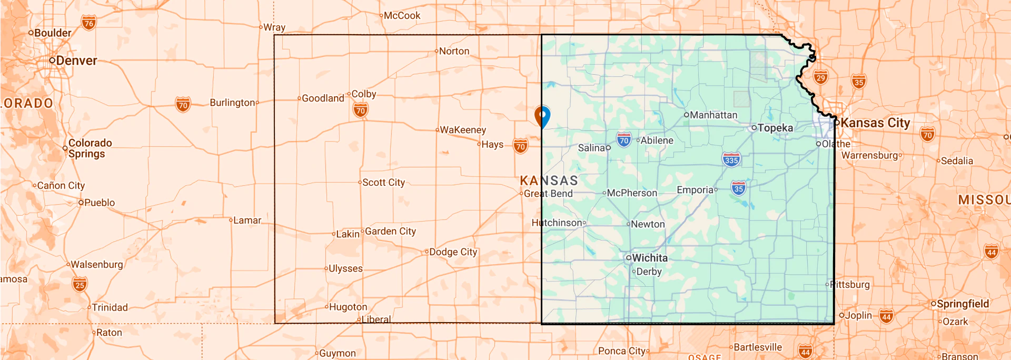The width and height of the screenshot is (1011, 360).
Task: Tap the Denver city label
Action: pos(76,61)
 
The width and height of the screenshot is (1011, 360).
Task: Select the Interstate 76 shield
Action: pos(89,23)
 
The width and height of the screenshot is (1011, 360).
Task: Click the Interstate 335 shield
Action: pos(731,159)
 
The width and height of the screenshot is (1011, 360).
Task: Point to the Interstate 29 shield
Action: pos(820,78)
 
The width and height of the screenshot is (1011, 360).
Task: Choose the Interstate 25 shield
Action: pos(80,285)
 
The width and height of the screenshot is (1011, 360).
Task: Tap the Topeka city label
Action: pos(775,128)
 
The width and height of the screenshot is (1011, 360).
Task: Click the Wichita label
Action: pos(649,258)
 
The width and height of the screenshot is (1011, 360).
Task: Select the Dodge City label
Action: pos(453,252)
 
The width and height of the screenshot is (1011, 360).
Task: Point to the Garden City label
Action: pos(390,231)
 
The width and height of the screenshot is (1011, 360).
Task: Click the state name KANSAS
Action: pos(549,181)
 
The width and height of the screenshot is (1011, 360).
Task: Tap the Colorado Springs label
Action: pos(90,148)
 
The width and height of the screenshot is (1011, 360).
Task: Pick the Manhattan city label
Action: pos(713,115)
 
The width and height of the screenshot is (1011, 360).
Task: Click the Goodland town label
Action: pos(323,98)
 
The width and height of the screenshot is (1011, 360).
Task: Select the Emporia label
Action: pos(695,190)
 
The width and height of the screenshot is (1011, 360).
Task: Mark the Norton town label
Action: pos(454,51)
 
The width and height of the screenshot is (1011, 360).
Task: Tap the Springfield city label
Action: pos(963,304)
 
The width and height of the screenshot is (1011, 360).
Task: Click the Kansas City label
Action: pos(875,123)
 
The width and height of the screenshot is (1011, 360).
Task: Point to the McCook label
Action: pos(402,16)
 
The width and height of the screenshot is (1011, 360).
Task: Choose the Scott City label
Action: pos(383,183)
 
